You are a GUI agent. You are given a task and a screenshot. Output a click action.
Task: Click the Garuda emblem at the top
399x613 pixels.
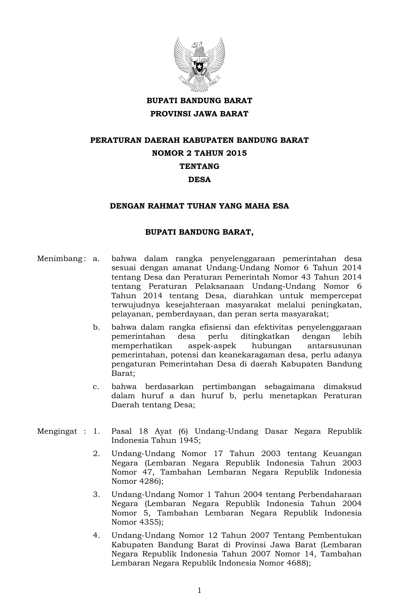click(199, 64)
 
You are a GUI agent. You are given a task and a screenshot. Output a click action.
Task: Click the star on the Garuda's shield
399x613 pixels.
click(199, 67)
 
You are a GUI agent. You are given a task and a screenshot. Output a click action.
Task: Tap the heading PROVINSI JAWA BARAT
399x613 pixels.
click(199, 114)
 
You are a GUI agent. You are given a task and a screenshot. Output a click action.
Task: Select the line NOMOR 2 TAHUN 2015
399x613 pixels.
click(199, 153)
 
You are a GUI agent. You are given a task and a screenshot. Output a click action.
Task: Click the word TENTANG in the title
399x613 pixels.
click(199, 166)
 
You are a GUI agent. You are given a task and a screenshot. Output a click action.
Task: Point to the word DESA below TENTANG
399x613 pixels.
click(199, 180)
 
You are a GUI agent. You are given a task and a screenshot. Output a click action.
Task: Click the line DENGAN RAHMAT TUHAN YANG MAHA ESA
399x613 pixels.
click(199, 206)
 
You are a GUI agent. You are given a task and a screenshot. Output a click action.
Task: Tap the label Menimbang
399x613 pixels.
click(59, 259)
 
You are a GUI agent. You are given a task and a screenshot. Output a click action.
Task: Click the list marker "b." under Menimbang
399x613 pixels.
click(96, 327)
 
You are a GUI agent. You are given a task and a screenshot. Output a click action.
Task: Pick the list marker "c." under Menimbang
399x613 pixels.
click(96, 387)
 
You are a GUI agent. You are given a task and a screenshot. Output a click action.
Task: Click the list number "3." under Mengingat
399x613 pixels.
click(96, 495)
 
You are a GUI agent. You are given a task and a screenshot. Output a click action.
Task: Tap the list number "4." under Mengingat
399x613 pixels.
click(96, 536)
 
